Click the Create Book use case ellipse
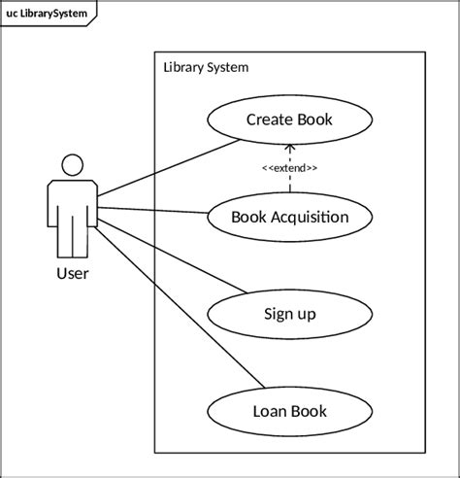pos(289,120)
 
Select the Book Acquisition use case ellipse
pos(289,217)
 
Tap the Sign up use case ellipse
pos(289,314)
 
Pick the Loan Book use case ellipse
pos(289,411)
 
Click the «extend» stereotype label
pos(289,168)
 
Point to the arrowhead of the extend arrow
pos(289,148)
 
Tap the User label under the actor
pos(72,274)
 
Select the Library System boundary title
pos(206,68)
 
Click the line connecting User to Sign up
pos(170,255)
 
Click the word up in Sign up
pos(306,315)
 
